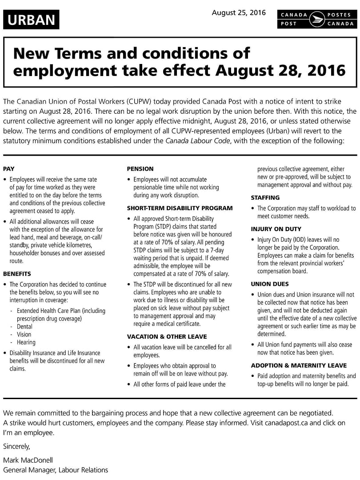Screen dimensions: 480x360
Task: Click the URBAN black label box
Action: (31, 20)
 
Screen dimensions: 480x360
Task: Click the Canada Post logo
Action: (316, 20)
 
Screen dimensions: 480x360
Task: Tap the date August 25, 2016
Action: (239, 13)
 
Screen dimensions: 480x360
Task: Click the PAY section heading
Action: (9, 169)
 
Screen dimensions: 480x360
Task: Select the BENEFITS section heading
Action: (17, 274)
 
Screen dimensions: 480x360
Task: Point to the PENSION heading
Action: (140, 169)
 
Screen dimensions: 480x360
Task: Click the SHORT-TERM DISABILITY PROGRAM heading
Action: (180, 208)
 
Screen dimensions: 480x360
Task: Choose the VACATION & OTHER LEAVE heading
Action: (167, 336)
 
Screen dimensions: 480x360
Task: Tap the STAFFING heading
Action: (265, 197)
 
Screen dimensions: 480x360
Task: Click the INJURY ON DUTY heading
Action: (276, 229)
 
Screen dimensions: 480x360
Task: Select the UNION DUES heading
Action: (269, 284)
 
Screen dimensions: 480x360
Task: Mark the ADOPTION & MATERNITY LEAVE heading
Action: (299, 365)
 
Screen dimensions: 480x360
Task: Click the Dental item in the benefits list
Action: (25, 327)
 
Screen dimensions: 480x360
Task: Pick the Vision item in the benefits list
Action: (24, 334)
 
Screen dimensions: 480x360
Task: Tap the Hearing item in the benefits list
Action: (26, 342)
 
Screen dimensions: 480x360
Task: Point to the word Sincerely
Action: (16, 446)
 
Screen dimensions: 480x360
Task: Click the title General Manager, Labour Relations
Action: (56, 470)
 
